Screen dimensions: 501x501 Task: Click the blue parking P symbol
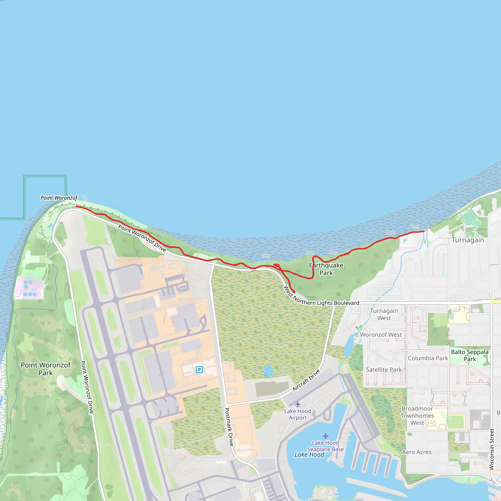pos(199,370)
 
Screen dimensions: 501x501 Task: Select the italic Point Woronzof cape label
pos(59,198)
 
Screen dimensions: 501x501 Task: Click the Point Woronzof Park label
pos(46,369)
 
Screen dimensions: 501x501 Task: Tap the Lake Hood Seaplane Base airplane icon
pos(325,436)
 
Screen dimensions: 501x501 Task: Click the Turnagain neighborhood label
pos(468,240)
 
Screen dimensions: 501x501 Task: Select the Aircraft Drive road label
pos(306,380)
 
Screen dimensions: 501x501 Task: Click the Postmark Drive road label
pos(229,427)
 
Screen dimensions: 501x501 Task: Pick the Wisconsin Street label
pos(491,449)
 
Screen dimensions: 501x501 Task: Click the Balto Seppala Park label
pos(470,355)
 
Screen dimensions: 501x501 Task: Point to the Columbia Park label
pos(428,358)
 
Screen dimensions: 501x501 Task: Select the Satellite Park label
pos(384,370)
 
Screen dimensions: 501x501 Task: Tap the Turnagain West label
pos(384,314)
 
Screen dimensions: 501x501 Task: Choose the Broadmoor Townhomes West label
pos(417,416)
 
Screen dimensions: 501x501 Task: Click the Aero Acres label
pos(417,452)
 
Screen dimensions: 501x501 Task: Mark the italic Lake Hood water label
pos(309,455)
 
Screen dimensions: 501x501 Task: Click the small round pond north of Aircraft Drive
pos(268,371)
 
